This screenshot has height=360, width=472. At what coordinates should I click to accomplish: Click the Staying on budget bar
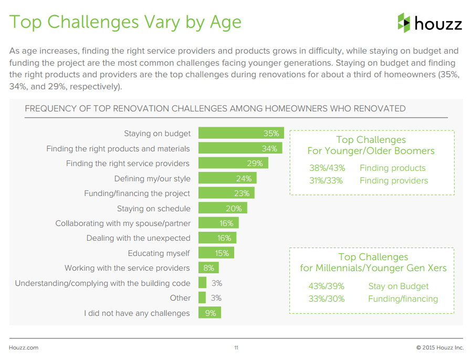click(241, 133)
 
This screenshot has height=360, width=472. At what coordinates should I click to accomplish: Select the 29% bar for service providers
click(233, 163)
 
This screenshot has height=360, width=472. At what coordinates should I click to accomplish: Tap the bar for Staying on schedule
click(222, 208)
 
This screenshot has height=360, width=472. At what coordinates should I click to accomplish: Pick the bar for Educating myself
click(216, 253)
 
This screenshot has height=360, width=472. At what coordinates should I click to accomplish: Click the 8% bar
click(208, 268)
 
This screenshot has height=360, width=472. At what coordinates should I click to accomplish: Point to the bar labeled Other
click(202, 298)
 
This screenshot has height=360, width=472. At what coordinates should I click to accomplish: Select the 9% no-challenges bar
click(209, 313)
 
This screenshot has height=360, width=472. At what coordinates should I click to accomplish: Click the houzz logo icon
click(404, 23)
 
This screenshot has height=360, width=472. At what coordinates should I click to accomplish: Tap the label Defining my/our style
click(152, 178)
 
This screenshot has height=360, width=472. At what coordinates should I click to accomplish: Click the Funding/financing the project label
click(137, 193)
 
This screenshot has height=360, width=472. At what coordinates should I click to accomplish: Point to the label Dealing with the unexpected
click(138, 238)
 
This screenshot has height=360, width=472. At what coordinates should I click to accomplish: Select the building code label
click(102, 283)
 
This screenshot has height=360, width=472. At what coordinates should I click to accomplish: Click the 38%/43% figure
click(327, 168)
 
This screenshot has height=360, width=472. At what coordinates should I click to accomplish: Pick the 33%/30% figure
click(327, 299)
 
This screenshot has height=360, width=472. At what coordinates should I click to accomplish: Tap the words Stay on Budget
click(398, 286)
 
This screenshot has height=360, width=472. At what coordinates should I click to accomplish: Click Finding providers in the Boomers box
click(394, 181)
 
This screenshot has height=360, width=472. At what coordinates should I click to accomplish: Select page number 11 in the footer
click(236, 348)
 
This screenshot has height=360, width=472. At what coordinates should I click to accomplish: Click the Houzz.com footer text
click(24, 348)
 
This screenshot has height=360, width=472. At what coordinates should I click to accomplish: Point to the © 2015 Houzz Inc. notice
click(440, 348)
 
